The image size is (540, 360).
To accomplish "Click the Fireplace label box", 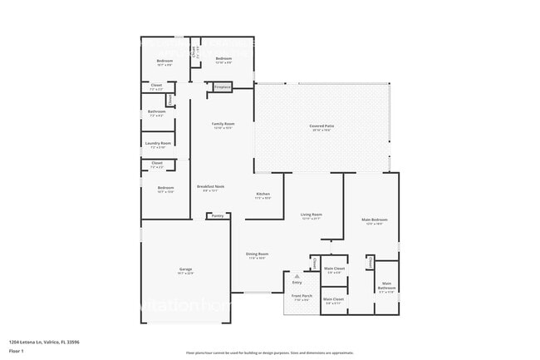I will (222, 86).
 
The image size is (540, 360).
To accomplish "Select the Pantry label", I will (217, 215).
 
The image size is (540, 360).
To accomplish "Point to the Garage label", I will (186, 270).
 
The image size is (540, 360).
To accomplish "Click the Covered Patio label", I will (321, 126).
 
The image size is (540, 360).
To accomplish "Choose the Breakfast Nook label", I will (210, 186).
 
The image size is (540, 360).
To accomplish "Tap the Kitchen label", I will (263, 194).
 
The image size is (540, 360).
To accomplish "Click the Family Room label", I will (223, 124).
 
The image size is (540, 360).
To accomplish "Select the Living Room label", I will (311, 215).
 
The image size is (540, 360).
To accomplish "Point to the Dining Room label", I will (257, 254).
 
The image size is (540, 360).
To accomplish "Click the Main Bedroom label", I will (375, 219).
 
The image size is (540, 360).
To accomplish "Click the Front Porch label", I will (300, 296).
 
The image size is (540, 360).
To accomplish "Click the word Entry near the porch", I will (297, 282).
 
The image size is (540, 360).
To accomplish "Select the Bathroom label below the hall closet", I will (157, 111).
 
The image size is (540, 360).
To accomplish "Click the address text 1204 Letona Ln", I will (42, 342).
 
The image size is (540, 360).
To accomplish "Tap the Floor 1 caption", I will (16, 352).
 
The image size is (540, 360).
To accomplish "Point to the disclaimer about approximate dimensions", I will (269, 353).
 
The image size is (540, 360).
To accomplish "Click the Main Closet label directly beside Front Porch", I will (333, 300).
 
